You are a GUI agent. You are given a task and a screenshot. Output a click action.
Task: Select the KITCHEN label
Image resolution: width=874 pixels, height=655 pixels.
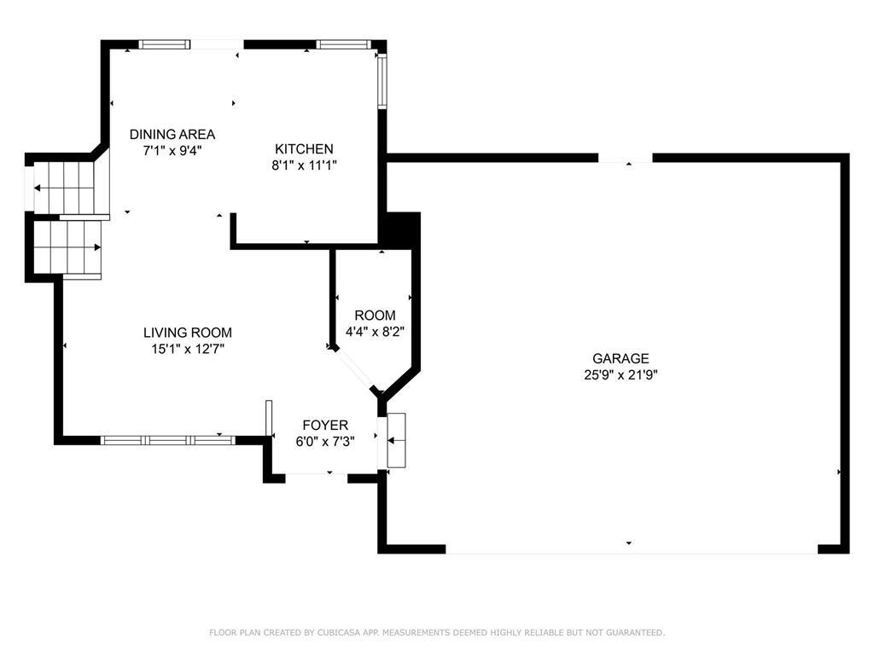304,149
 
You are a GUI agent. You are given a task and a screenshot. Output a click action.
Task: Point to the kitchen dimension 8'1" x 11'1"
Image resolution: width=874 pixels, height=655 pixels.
304,165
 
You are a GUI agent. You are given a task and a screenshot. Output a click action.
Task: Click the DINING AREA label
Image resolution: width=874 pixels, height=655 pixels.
172,134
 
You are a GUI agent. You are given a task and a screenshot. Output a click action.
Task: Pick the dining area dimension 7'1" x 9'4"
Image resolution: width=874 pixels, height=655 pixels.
172,150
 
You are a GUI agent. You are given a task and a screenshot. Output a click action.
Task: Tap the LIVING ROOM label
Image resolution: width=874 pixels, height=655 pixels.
187,333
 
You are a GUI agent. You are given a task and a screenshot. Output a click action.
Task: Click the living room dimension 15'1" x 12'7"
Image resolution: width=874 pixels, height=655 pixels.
187,348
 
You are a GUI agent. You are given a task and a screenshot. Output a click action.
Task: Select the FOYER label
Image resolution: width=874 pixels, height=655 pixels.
326,425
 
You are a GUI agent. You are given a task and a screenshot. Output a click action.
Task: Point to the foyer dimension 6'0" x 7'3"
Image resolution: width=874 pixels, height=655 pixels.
326,441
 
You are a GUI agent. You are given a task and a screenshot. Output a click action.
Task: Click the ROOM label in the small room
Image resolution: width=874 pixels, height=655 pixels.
375,316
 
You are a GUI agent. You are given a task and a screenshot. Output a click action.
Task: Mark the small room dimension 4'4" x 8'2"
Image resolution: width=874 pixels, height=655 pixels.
375,332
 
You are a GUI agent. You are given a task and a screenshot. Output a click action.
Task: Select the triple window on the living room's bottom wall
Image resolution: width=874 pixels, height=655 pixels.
167,440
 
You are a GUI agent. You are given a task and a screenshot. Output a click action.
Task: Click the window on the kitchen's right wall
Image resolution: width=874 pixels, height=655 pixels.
382,81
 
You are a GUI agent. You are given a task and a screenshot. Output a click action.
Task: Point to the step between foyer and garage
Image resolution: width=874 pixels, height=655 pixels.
397,440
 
